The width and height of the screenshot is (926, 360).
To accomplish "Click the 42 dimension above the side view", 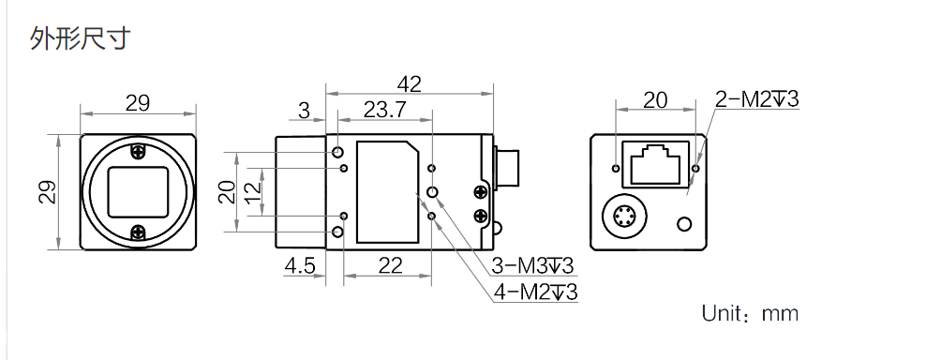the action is [x=410, y=85].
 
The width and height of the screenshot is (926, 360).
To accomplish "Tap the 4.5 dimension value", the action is [x=300, y=266].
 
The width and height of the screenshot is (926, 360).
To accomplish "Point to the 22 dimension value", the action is [x=390, y=266].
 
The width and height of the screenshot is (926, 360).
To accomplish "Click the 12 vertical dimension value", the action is [x=252, y=192].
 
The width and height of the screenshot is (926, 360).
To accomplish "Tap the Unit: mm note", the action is [x=750, y=313].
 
